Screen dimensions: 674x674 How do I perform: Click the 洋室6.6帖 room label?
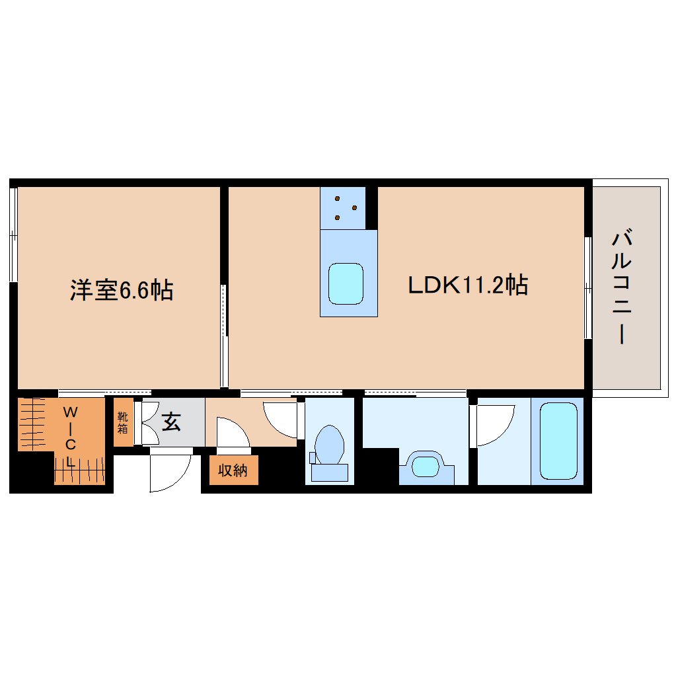[122, 290]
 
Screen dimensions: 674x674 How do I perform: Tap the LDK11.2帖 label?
[467, 285]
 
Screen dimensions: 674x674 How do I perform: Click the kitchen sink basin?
[346, 284]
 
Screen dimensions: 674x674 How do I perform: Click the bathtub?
[558, 441]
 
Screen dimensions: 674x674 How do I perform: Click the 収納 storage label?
[233, 470]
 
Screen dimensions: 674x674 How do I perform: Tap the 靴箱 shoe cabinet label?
[123, 422]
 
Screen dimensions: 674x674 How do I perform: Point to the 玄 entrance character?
[171, 422]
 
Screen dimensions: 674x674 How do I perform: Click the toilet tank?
[329, 472]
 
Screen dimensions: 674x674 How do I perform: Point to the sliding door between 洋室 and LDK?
[224, 336]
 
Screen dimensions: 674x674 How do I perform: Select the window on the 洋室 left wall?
[13, 235]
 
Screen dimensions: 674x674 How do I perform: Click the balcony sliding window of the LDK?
[587, 287]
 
